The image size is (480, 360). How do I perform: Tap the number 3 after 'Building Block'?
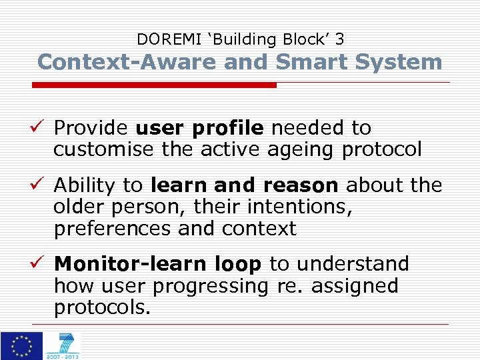[x=339, y=39]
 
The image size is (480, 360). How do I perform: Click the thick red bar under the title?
[x=155, y=85]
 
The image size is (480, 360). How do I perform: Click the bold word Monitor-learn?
[x=122, y=264]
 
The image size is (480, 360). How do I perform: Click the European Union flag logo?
[x=21, y=345]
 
